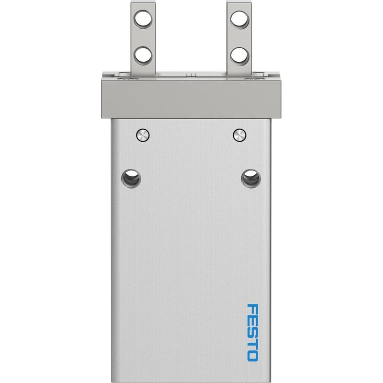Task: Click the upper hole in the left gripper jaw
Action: pos(143,19)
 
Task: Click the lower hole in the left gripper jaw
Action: pos(143,55)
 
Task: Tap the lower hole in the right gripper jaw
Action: pos(240,56)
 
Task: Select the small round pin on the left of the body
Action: pos(143,135)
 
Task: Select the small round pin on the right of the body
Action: pos(239,135)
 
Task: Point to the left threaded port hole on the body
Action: pos(131,179)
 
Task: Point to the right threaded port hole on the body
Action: pos(251,179)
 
